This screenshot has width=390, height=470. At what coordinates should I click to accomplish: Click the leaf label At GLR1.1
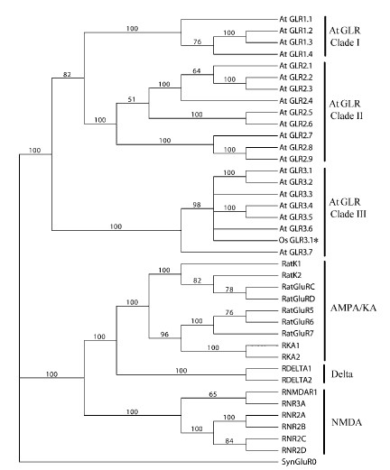point(296,19)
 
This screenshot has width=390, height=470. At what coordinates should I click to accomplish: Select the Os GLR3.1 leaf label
point(298,240)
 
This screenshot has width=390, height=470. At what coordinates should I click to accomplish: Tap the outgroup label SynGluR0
point(299,462)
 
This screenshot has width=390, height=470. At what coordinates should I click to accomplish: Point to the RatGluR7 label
point(298,333)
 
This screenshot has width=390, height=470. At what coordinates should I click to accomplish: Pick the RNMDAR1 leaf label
point(299,392)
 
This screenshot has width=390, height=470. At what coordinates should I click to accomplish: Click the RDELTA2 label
point(297,380)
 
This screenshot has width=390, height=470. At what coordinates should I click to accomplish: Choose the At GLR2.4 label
point(296,101)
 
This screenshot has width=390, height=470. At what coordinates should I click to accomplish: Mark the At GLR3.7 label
point(296,252)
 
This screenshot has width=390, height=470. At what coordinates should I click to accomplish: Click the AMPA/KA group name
point(353,308)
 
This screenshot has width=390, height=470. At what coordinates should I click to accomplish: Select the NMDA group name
point(347,422)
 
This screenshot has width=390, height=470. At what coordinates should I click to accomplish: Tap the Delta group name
point(341,374)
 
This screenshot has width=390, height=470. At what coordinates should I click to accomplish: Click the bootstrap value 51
point(132,99)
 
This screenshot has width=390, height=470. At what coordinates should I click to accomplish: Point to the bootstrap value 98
point(197,205)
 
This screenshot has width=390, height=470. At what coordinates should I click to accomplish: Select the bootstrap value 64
point(197,70)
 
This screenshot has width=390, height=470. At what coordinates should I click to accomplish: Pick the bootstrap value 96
point(164,334)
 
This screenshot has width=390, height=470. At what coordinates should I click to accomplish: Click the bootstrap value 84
point(229,441)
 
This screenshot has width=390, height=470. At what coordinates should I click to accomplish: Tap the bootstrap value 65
point(213,394)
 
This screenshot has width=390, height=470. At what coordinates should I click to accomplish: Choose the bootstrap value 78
point(229,290)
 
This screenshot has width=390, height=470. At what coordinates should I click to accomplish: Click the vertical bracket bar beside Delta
point(324,374)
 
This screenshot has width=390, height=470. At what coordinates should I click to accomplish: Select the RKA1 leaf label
point(291,346)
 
